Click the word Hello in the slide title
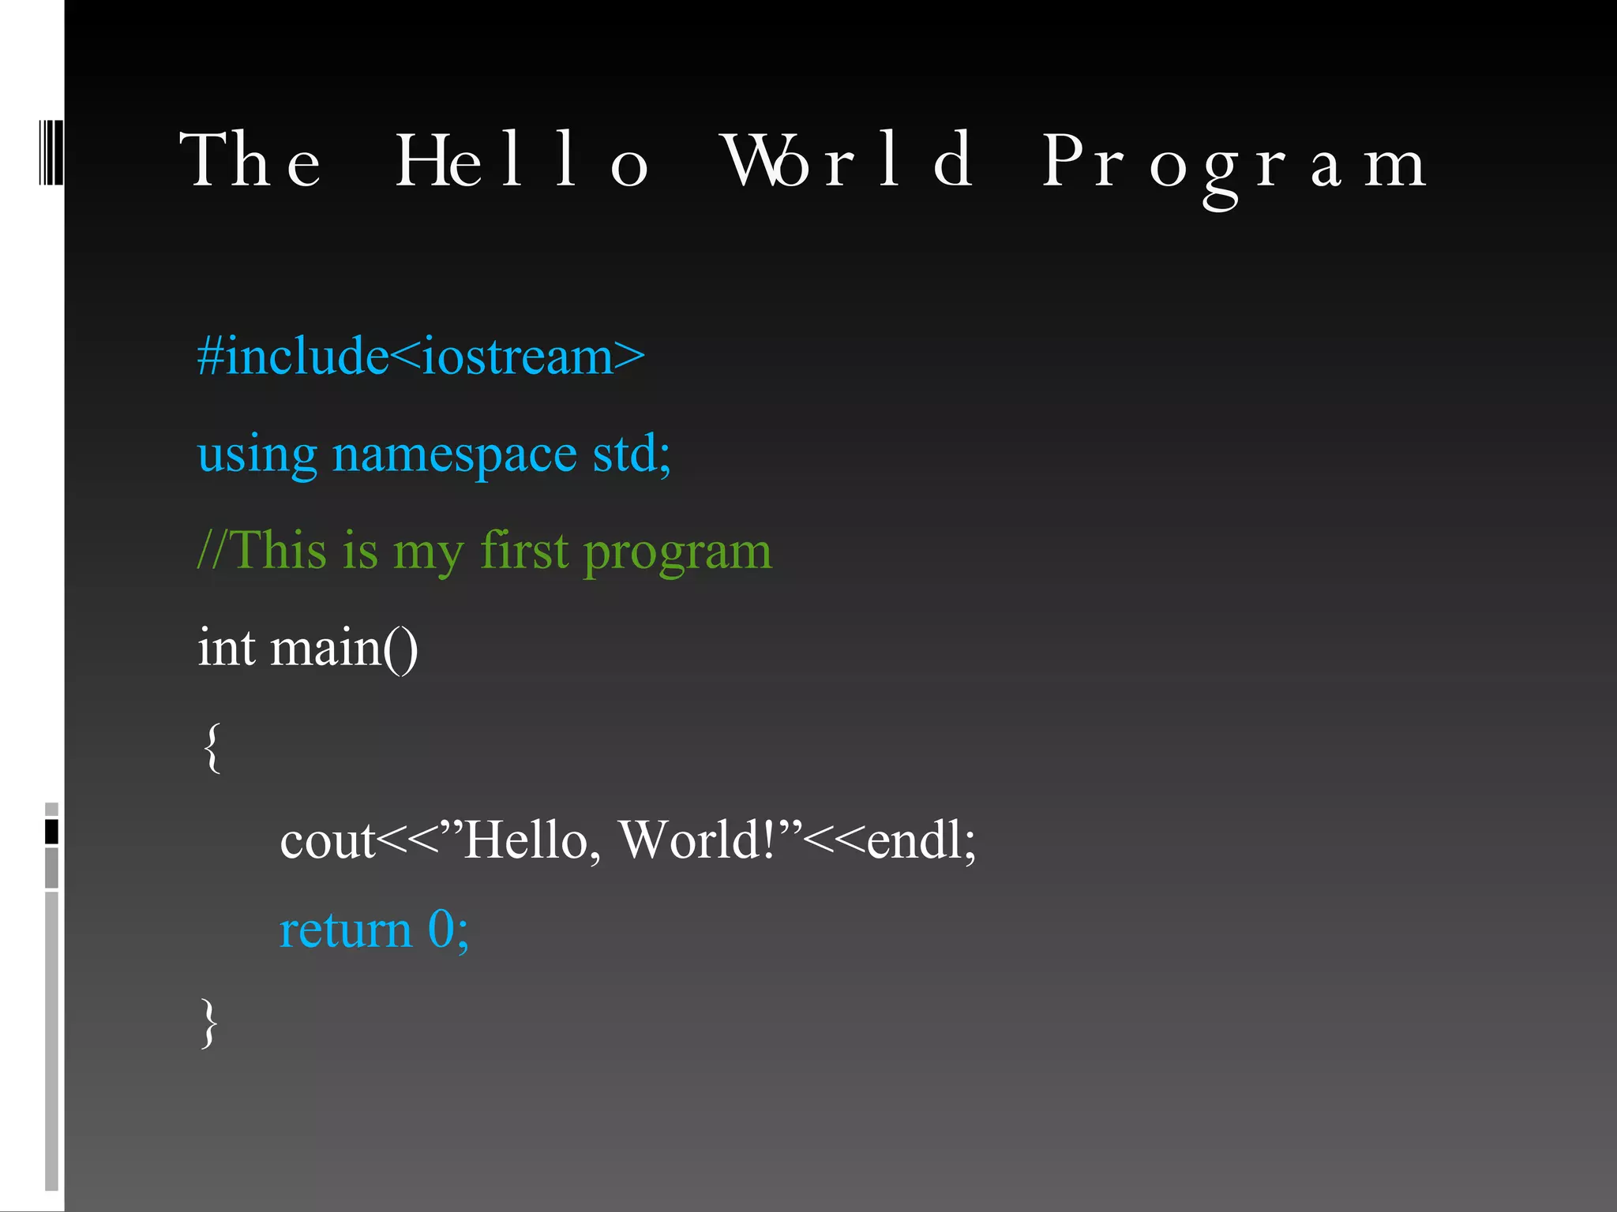point(521,162)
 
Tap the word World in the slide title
point(849,162)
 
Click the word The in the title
point(251,162)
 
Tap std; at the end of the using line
point(632,454)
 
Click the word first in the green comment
point(524,550)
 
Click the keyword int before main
point(226,648)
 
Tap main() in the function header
point(343,649)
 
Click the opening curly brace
point(212,747)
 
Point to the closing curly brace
point(209,1023)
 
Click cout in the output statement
point(327,840)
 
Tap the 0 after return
point(440,930)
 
